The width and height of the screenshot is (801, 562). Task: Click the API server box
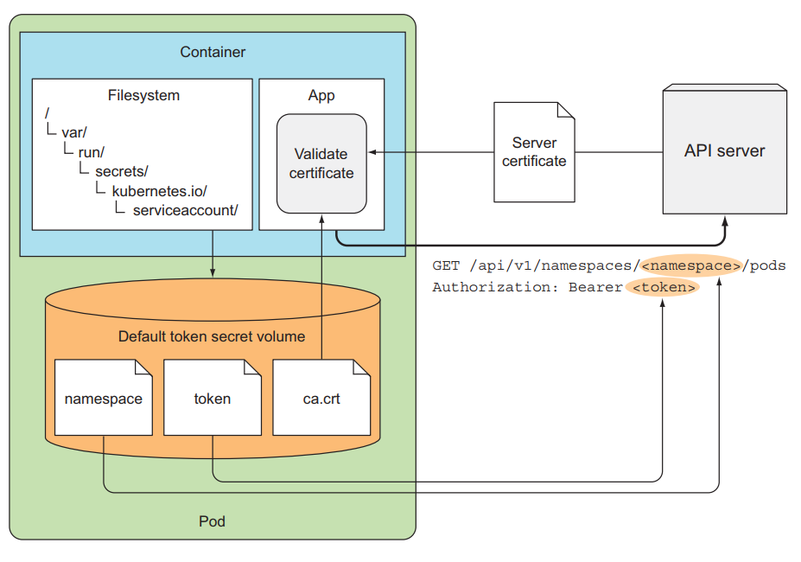pyautogui.click(x=724, y=150)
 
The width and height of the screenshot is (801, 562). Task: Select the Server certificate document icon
pyautogui.click(x=534, y=151)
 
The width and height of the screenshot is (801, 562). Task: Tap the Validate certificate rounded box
pyautogui.click(x=321, y=163)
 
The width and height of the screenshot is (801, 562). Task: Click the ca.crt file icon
pyautogui.click(x=321, y=399)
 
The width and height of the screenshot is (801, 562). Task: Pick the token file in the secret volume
pyautogui.click(x=213, y=399)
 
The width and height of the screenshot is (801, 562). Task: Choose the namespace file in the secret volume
pyautogui.click(x=103, y=399)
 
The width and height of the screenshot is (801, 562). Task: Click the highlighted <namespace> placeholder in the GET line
pyautogui.click(x=691, y=265)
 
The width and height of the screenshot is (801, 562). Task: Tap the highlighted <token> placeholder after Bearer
pyautogui.click(x=663, y=287)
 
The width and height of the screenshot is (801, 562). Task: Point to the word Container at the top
pyautogui.click(x=213, y=52)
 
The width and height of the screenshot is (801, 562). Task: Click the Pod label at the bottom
pyautogui.click(x=213, y=521)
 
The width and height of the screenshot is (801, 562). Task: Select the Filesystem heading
pyautogui.click(x=143, y=95)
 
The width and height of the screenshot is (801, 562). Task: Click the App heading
pyautogui.click(x=321, y=95)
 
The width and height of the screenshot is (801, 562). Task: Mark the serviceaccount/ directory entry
pyautogui.click(x=185, y=210)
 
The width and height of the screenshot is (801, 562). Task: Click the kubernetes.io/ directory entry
pyautogui.click(x=159, y=190)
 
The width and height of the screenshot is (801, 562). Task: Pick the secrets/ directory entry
pyautogui.click(x=122, y=171)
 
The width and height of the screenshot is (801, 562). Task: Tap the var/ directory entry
pyautogui.click(x=74, y=133)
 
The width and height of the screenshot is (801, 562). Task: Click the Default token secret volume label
pyautogui.click(x=212, y=336)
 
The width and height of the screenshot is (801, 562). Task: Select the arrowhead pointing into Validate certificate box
pyautogui.click(x=372, y=152)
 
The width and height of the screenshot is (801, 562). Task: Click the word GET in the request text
pyautogui.click(x=446, y=265)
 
